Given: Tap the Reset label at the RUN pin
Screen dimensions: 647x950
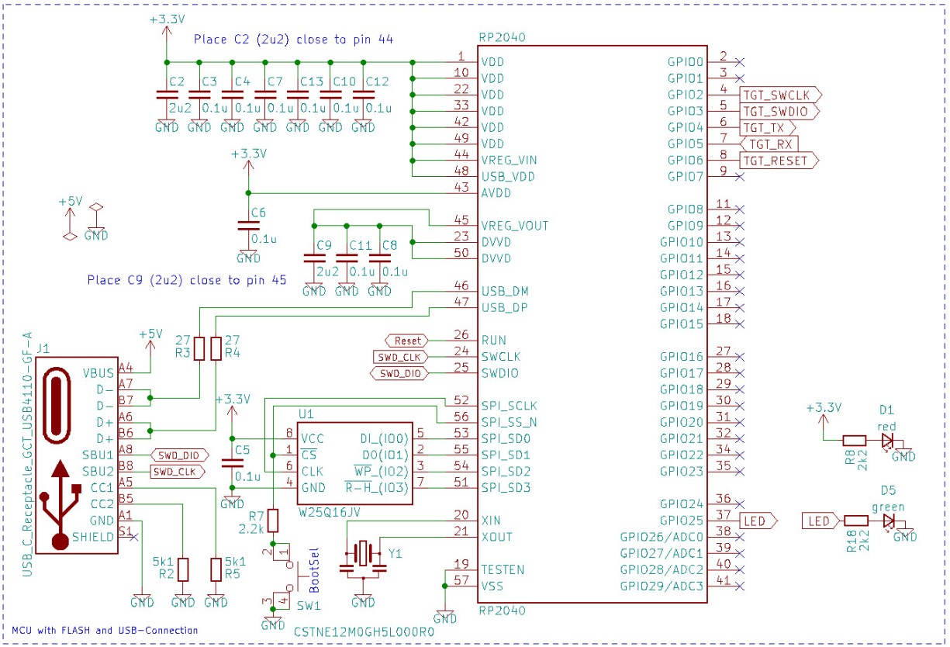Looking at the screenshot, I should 407,340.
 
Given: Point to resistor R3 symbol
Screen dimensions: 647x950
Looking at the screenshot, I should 200,348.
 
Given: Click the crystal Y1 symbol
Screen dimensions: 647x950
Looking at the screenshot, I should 363,553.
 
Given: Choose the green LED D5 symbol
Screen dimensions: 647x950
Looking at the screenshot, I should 887,521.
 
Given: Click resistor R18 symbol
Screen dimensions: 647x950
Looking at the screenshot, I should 855,521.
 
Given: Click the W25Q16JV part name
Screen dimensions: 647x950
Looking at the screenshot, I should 326,513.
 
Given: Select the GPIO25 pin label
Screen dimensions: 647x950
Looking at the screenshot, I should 681,520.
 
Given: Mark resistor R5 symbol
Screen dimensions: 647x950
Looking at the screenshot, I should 216,570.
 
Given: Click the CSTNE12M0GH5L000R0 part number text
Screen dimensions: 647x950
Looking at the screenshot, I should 364,631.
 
